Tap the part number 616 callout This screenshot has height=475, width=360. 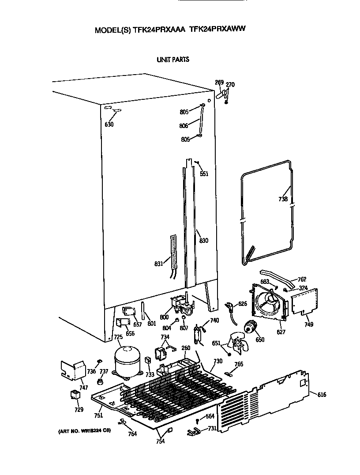point(322,394)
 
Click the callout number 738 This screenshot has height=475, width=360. point(283,200)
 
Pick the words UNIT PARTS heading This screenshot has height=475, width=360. point(173,59)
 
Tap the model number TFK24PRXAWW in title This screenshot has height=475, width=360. point(217,30)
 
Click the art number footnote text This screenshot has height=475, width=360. point(82,430)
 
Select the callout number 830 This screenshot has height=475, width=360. point(203,241)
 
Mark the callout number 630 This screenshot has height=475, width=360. point(109,124)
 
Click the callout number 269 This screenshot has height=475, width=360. point(219,82)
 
